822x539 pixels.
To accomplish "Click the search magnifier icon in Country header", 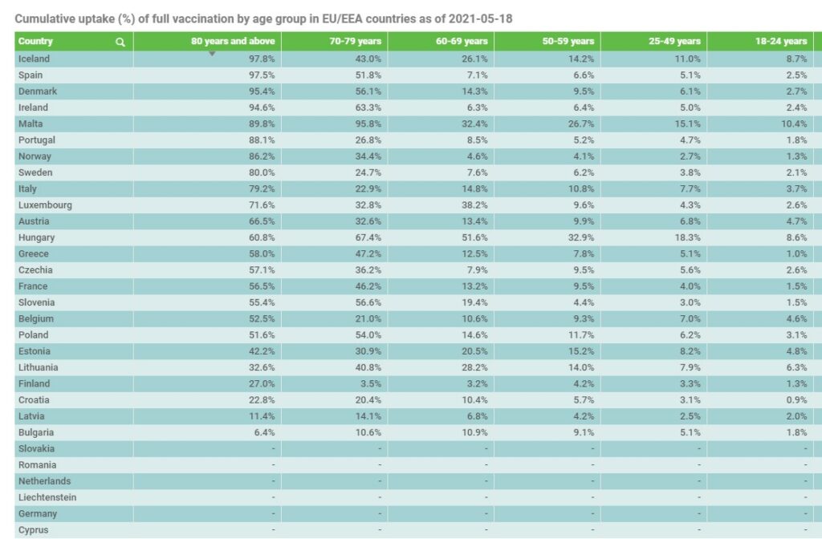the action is pyautogui.click(x=120, y=42).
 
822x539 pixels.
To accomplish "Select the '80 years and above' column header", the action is pyautogui.click(x=233, y=41).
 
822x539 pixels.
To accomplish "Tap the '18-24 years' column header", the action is pyautogui.click(x=781, y=41).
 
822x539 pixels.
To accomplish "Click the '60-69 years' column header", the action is pyautogui.click(x=462, y=41).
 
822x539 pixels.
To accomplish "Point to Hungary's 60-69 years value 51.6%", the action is pyautogui.click(x=474, y=237).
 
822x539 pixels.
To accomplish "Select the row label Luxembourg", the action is pyautogui.click(x=45, y=205).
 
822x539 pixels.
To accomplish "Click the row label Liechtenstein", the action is pyautogui.click(x=47, y=497).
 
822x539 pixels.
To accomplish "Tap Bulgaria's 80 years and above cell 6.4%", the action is pyautogui.click(x=264, y=432).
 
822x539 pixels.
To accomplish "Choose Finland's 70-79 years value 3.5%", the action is pyautogui.click(x=371, y=383).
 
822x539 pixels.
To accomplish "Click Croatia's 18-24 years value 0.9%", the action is pyautogui.click(x=796, y=399).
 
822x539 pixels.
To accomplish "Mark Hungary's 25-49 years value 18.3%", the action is pyautogui.click(x=687, y=237).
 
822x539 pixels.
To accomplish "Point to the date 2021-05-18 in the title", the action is pyautogui.click(x=480, y=19).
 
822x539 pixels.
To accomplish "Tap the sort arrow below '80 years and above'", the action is pyautogui.click(x=212, y=54).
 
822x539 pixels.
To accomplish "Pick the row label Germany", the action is pyautogui.click(x=38, y=514).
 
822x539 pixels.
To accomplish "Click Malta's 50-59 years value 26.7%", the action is pyautogui.click(x=581, y=124).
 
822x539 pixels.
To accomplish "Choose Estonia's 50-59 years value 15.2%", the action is pyautogui.click(x=581, y=351).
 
